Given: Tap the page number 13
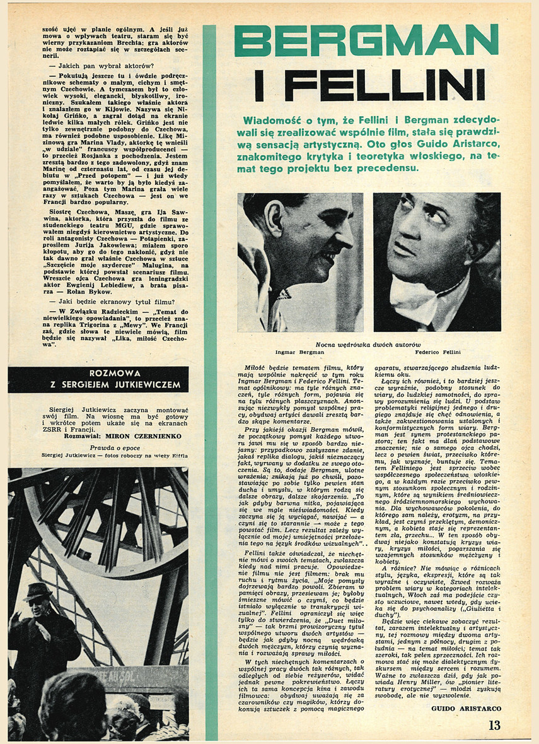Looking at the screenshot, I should click(x=494, y=725).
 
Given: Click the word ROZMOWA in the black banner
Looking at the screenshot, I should click(x=98, y=373).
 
